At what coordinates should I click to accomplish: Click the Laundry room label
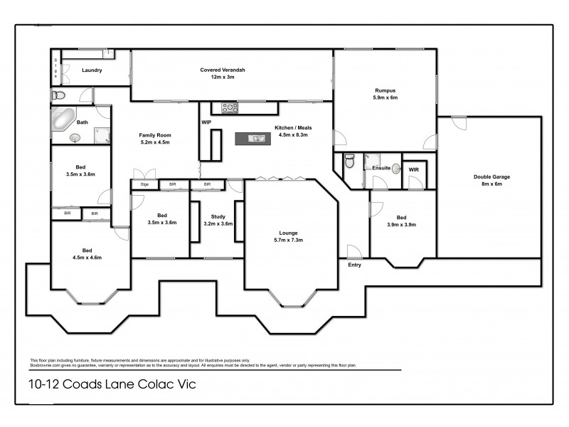[x=92, y=70]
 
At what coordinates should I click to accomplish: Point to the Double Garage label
[x=491, y=176]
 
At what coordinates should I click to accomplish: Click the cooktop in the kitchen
[x=230, y=108]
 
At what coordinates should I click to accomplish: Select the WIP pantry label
[x=207, y=123]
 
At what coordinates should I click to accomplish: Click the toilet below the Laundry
[x=59, y=95]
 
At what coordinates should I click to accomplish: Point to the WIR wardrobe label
[x=413, y=170]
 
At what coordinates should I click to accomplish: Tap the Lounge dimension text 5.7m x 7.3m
[x=288, y=241]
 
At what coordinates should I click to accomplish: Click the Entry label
[x=354, y=265]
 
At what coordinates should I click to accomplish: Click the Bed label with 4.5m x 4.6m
[x=86, y=251]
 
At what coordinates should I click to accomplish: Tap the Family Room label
[x=155, y=135]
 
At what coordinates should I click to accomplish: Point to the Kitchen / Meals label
[x=293, y=128]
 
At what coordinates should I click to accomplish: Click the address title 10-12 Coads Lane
[x=108, y=385]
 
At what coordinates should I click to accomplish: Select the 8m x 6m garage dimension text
[x=491, y=184]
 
